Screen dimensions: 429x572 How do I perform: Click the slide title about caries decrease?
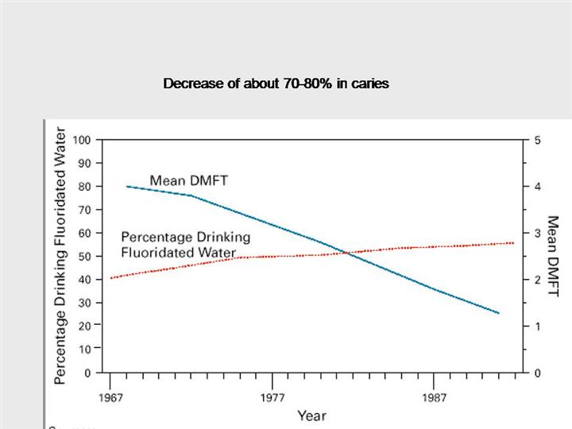(276, 83)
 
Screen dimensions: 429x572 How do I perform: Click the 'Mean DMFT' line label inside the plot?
(188, 180)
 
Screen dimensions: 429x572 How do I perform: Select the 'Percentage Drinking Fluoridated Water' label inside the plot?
(185, 244)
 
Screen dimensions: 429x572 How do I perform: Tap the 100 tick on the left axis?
(82, 140)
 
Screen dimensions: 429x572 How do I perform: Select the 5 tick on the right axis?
(537, 140)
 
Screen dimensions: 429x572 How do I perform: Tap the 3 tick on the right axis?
(537, 233)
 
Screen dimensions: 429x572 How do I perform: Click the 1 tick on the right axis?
(537, 326)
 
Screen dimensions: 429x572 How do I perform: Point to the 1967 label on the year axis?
(110, 396)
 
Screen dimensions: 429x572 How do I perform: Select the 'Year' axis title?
(311, 415)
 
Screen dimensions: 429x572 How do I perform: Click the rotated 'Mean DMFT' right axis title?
(554, 256)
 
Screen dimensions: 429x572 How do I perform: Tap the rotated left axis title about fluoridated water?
(60, 256)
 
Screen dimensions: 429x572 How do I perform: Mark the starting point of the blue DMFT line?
(127, 186)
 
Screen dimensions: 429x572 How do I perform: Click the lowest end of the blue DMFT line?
(498, 313)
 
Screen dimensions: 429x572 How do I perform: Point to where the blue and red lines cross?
(347, 252)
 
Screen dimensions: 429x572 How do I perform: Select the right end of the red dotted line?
(513, 242)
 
